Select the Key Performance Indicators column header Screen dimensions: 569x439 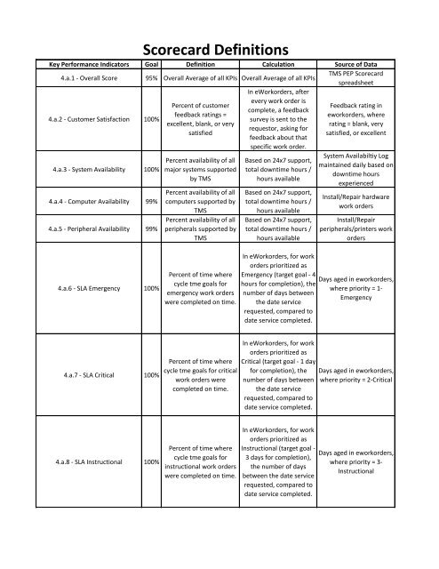click(75, 66)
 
